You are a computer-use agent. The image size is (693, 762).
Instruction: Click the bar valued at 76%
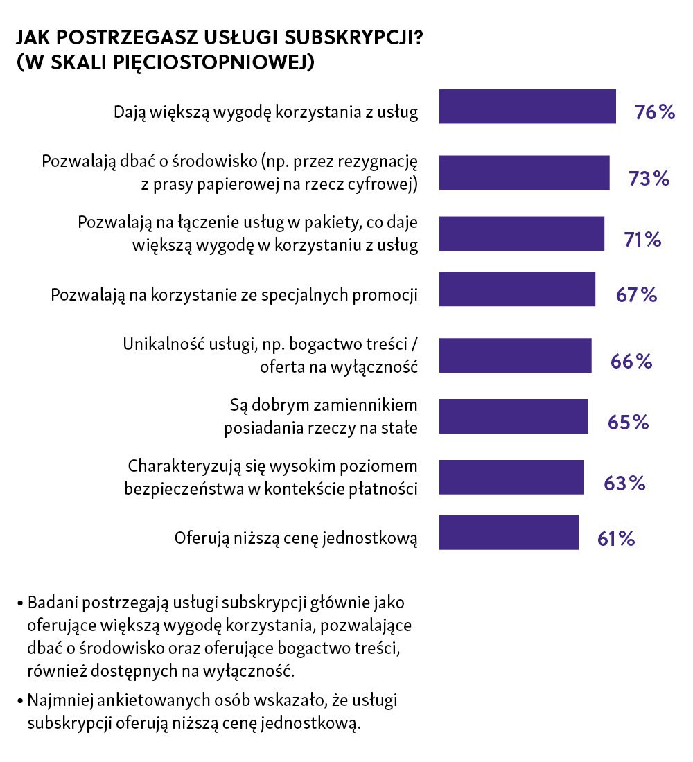pyautogui.click(x=527, y=107)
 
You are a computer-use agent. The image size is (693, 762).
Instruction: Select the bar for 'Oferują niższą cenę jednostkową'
pyautogui.click(x=509, y=533)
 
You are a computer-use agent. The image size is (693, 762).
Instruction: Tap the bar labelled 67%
pyautogui.click(x=517, y=289)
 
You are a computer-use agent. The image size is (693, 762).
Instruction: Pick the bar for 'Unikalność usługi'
pyautogui.click(x=515, y=356)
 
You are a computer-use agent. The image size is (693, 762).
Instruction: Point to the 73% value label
pyautogui.click(x=649, y=179)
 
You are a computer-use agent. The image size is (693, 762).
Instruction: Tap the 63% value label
pyautogui.click(x=624, y=483)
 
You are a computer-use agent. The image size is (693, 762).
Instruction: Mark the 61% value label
pyautogui.click(x=616, y=538)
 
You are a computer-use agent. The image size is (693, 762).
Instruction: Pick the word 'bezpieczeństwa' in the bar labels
pyautogui.click(x=176, y=488)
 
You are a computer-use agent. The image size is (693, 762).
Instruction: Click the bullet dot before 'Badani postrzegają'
pyautogui.click(x=21, y=601)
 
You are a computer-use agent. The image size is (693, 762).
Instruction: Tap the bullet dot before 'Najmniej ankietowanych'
pyautogui.click(x=21, y=701)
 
